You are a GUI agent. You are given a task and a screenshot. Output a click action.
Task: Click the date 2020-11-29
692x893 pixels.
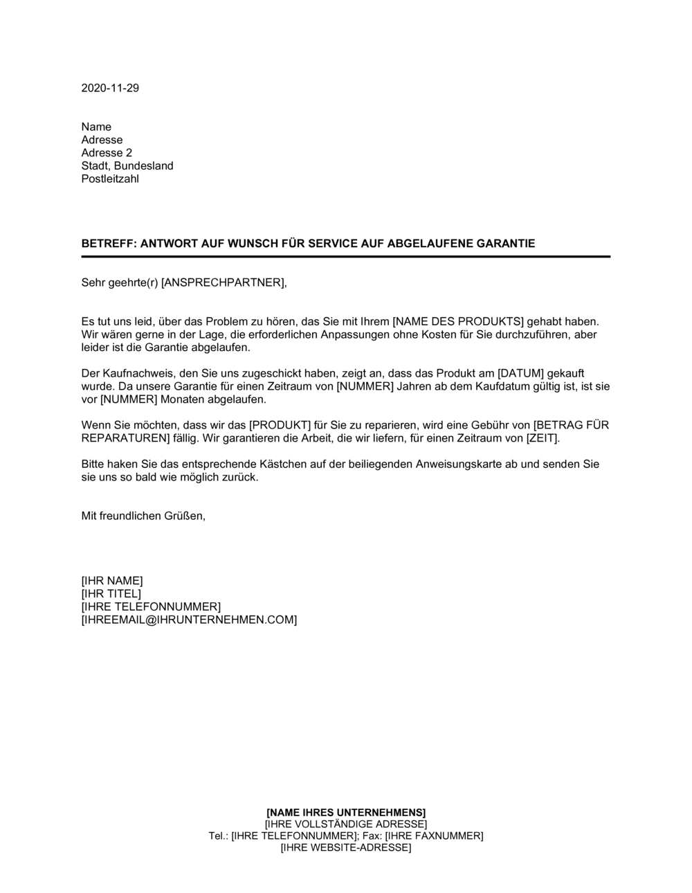tap(110, 88)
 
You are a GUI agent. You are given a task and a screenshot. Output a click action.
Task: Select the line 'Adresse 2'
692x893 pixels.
tap(107, 152)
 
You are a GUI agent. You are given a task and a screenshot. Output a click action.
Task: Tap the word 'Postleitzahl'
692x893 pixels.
tap(110, 179)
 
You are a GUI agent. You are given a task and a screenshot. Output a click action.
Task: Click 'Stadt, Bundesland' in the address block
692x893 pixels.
tap(127, 165)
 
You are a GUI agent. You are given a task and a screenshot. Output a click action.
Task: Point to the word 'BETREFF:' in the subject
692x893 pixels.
tap(107, 244)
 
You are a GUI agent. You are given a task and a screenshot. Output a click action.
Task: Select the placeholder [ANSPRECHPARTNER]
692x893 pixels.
tap(222, 282)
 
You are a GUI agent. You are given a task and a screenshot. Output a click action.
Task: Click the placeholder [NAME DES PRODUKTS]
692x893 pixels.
tap(457, 321)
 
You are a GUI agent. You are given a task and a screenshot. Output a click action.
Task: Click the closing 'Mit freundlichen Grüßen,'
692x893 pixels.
tap(143, 516)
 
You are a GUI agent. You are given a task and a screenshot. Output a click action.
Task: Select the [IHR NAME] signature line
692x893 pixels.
tap(112, 580)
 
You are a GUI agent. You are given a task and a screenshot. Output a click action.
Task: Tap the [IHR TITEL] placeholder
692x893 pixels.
tap(111, 593)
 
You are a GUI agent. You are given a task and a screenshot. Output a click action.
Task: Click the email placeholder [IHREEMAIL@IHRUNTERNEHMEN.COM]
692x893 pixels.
tap(189, 620)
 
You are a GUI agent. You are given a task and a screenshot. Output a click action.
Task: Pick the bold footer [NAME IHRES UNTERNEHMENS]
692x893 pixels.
tap(346, 811)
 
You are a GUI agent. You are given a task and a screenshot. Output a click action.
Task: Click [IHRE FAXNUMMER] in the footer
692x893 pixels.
tap(434, 836)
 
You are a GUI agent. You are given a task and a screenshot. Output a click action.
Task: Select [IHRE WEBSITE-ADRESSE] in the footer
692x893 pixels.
tap(346, 847)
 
